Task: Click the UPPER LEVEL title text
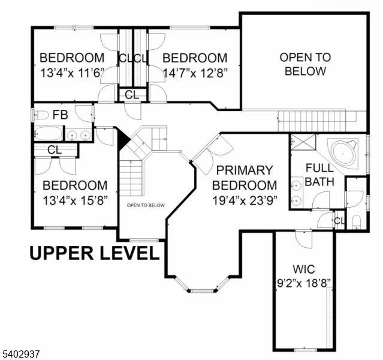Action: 95,253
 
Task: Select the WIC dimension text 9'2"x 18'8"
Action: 304,284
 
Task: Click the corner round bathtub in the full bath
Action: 343,154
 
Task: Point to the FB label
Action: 61,115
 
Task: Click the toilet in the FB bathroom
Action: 41,115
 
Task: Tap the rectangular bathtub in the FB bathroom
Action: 48,133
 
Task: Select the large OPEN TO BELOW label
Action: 305,64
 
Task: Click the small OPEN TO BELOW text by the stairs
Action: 146,205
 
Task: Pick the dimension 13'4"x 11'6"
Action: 72,73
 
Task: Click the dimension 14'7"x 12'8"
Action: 195,73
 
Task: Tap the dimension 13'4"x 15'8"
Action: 75,201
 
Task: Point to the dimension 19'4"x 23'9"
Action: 245,201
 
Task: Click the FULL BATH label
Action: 319,175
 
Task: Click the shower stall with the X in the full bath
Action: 303,142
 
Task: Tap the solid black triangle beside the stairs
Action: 123,139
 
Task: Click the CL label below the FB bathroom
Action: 55,150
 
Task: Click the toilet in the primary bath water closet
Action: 357,221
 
